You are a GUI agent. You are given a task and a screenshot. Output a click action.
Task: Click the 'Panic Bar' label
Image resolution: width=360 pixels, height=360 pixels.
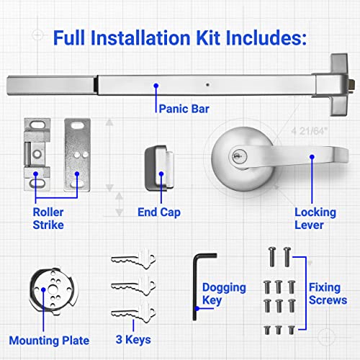tap(180, 110)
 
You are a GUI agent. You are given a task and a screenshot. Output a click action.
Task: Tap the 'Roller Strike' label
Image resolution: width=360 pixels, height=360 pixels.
tap(49, 218)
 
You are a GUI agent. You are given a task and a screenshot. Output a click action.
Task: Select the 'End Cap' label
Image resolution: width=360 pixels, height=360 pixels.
tap(160, 212)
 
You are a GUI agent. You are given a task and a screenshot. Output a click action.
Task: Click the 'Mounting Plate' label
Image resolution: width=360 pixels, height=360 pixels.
tap(50, 340)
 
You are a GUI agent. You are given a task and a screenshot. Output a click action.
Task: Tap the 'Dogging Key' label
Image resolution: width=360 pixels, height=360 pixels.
tap(224, 294)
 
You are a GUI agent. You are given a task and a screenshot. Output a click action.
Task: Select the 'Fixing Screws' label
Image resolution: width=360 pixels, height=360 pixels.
tap(327, 294)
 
